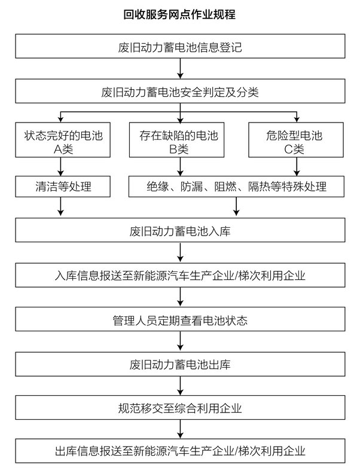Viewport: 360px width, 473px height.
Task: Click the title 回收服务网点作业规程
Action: pyautogui.click(x=179, y=14)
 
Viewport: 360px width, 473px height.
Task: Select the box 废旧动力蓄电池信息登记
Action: pyautogui.click(x=180, y=46)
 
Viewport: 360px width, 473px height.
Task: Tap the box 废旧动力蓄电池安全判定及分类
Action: pyautogui.click(x=180, y=91)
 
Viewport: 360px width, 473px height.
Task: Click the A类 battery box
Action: pyautogui.click(x=63, y=140)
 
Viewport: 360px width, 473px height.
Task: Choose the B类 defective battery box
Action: pyautogui.click(x=176, y=140)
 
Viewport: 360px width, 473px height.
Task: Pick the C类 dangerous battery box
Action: pyautogui.click(x=296, y=140)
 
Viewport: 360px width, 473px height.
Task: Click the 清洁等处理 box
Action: pyautogui.click(x=63, y=187)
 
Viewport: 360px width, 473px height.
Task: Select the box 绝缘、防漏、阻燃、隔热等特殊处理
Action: pyautogui.click(x=236, y=187)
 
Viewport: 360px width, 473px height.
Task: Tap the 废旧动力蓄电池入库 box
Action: pyautogui.click(x=180, y=230)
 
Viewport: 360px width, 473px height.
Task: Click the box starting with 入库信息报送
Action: pyautogui.click(x=180, y=275)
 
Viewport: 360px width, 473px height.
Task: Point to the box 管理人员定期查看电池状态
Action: pyautogui.click(x=180, y=319)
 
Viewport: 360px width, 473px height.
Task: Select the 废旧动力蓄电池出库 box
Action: pyautogui.click(x=180, y=364)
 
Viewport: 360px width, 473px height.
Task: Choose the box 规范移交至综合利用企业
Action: pyautogui.click(x=180, y=408)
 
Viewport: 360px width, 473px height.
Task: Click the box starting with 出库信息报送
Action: pyautogui.click(x=180, y=451)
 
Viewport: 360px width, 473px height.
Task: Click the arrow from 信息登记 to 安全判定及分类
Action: pyautogui.click(x=180, y=69)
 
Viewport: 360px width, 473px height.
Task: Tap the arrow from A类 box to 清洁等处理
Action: pyautogui.click(x=60, y=167)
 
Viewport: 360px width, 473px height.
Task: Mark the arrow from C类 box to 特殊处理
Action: pyautogui.click(x=297, y=167)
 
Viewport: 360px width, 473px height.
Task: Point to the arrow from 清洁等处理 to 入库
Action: pyautogui.click(x=60, y=207)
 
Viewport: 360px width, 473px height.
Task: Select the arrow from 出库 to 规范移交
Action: pyautogui.click(x=180, y=386)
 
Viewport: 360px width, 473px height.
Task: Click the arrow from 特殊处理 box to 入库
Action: pyautogui.click(x=236, y=207)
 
